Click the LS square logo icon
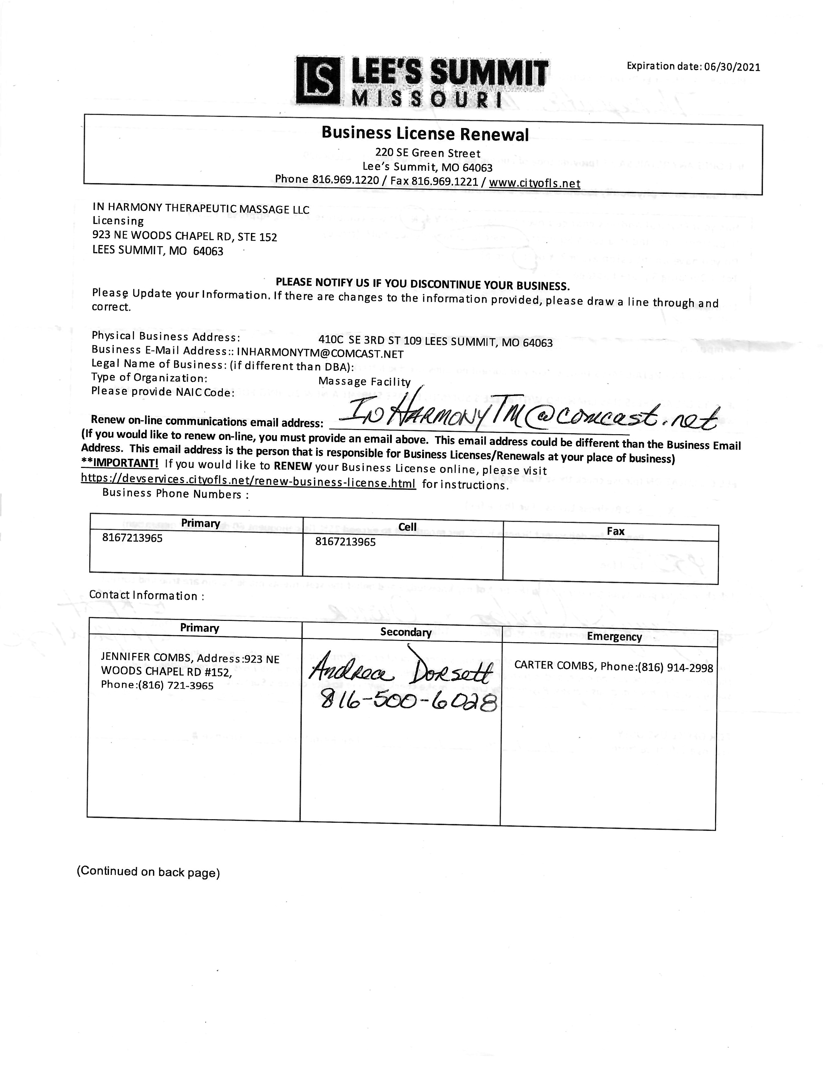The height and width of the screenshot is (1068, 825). click(x=317, y=81)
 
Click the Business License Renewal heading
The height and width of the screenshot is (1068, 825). click(x=425, y=133)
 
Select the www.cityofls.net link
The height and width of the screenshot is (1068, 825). click(x=534, y=183)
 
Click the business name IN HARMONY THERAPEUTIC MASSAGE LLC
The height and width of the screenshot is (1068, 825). click(x=201, y=209)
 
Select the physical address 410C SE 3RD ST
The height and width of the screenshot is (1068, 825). click(x=435, y=341)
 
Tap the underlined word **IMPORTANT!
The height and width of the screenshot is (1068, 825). click(x=120, y=463)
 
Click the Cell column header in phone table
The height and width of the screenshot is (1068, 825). click(x=407, y=527)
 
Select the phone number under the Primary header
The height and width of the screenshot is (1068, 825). click(x=132, y=539)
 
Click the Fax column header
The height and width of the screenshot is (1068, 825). click(x=615, y=531)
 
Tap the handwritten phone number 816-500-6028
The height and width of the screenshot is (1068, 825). click(x=408, y=702)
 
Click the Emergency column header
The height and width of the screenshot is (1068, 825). click(x=614, y=637)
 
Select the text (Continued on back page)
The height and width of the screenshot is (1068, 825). click(x=148, y=871)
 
